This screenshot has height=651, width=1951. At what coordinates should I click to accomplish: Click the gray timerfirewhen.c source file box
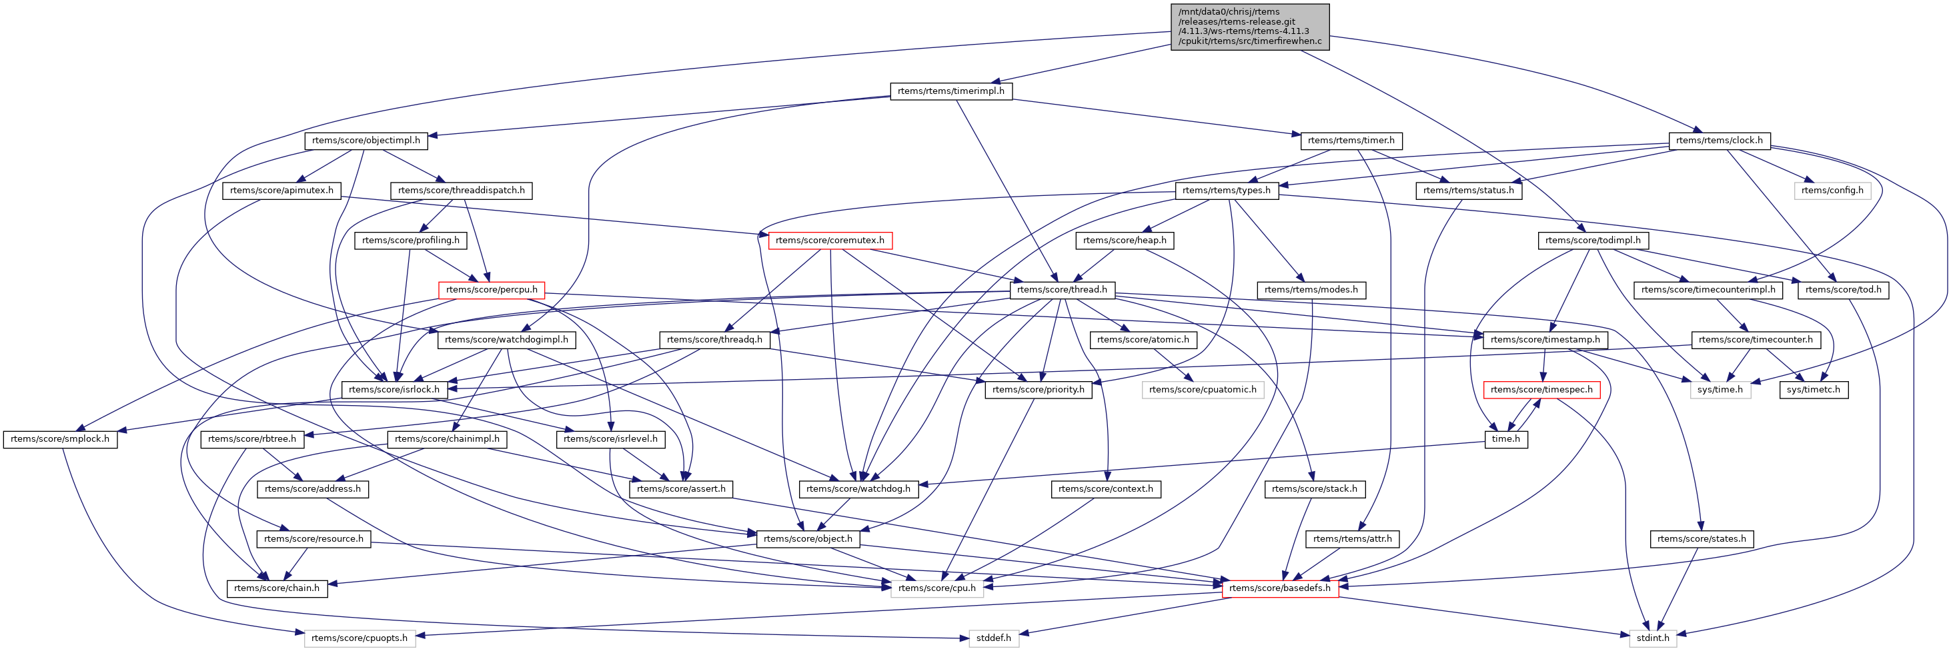1250,27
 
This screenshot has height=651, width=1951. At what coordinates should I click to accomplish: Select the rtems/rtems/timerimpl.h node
950,91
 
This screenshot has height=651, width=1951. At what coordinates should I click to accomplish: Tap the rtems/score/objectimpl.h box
366,140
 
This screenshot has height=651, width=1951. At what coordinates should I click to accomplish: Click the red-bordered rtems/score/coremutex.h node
829,240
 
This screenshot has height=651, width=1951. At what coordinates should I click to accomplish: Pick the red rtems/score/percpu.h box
492,290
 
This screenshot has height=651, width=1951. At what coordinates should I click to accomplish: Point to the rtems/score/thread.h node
1062,290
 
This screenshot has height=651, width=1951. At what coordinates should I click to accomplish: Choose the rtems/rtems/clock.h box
1718,140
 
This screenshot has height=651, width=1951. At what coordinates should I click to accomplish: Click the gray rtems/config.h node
1832,190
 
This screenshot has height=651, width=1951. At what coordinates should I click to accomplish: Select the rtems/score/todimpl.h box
1593,240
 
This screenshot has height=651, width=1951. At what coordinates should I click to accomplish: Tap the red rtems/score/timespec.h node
1541,390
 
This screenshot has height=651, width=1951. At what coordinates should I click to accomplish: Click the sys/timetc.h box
1813,390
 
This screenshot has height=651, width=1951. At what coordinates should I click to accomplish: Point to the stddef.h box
994,638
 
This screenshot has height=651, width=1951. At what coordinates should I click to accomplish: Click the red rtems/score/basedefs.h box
1279,588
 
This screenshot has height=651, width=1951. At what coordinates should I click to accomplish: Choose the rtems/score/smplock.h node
60,439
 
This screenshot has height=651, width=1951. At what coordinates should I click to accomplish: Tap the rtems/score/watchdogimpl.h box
506,340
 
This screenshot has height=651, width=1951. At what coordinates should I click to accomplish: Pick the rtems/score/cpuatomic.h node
1202,390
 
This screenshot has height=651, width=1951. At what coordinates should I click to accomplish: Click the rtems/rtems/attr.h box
1352,539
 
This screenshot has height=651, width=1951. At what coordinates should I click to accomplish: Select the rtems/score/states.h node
1701,539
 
